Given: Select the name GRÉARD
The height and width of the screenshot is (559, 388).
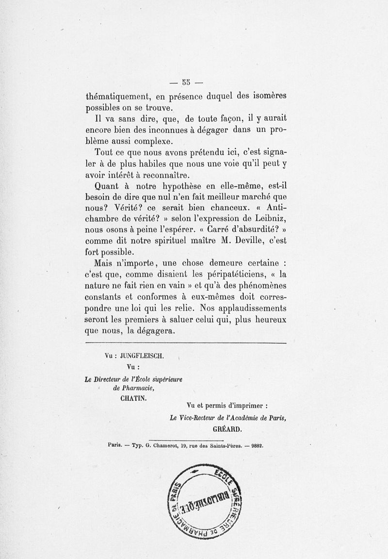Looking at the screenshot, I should coord(227,429).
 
